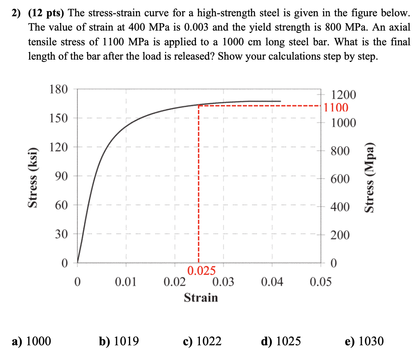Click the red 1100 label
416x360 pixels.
[x=336, y=107]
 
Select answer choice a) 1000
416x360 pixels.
[x=31, y=341]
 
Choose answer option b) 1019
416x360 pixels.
[x=119, y=341]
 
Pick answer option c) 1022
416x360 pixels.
[x=202, y=341]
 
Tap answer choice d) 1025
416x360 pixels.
[x=280, y=341]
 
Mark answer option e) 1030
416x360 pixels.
[x=364, y=341]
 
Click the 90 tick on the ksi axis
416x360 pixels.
[x=61, y=176]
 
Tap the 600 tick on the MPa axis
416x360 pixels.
[x=340, y=179]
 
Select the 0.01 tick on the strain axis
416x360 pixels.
[x=126, y=282]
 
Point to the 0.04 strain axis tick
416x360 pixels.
[x=272, y=282]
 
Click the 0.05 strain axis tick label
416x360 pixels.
[x=321, y=282]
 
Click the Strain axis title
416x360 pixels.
[x=201, y=298]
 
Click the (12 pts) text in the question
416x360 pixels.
[x=46, y=13]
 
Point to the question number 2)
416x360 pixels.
[x=16, y=13]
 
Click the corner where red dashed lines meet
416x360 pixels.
[x=199, y=105]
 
